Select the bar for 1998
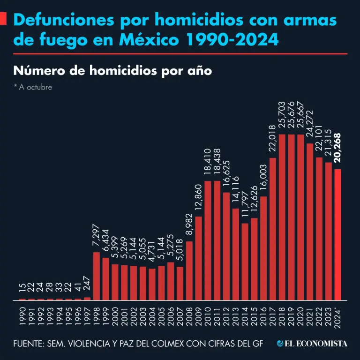pos(97,276)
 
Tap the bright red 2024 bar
pos(337,234)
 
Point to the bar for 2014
pos(245,262)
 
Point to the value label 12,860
pos(199,197)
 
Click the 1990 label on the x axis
pos(22,315)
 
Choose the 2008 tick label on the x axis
pos(189,315)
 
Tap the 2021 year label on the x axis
pos(310,315)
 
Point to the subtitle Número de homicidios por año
pos(113,71)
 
